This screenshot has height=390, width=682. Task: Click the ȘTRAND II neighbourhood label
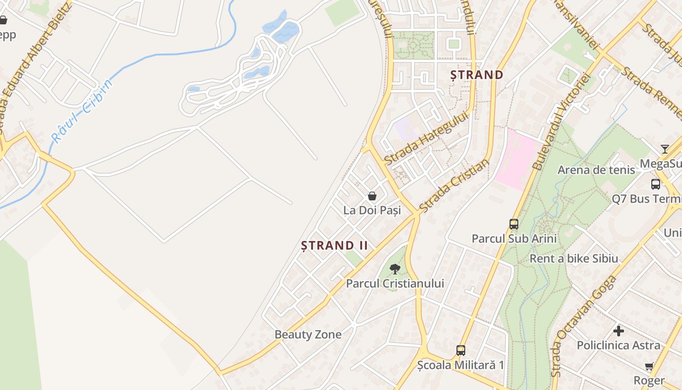tap(334, 245)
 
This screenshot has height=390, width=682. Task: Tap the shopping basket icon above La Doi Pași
tap(372, 196)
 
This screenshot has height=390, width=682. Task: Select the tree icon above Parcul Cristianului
tap(395, 269)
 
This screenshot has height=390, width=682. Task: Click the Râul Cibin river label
tap(82, 111)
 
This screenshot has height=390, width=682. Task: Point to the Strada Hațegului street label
tap(422, 137)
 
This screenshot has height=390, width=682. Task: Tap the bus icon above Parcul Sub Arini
tap(514, 224)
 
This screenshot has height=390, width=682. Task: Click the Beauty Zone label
tap(308, 334)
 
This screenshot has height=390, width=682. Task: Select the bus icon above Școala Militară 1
tap(460, 350)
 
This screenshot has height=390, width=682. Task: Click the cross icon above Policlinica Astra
tap(619, 331)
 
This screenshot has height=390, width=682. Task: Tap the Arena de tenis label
tap(596, 170)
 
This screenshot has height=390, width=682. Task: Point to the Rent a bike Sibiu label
tap(574, 258)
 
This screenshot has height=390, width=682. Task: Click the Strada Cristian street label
tap(454, 186)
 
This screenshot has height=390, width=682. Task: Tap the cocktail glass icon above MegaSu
tap(665, 149)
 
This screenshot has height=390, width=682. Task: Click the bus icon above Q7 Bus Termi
tap(656, 184)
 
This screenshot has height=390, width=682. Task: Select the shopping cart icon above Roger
tap(649, 366)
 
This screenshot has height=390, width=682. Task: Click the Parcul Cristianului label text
tap(395, 283)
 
